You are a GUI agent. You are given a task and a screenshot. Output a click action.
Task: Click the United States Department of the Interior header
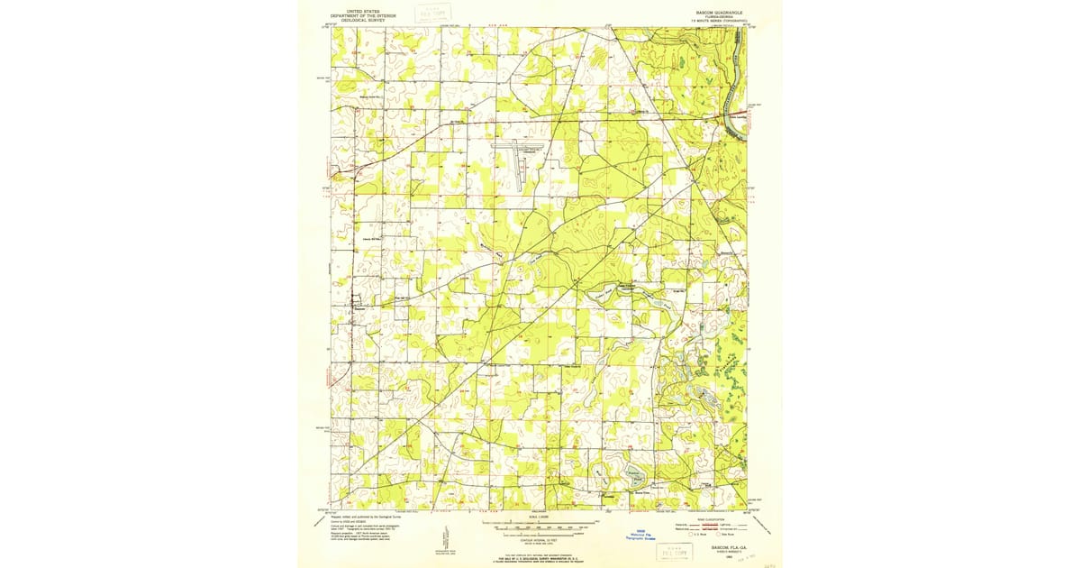tap(363, 14)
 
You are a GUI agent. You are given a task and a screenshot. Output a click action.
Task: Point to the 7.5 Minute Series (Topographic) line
tap(718, 21)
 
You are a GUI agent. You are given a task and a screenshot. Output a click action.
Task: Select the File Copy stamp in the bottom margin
tap(675, 550)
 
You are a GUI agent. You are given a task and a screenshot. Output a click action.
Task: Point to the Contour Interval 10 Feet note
tap(540, 538)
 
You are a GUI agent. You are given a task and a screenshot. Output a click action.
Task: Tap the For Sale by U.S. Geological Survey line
tap(540, 559)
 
